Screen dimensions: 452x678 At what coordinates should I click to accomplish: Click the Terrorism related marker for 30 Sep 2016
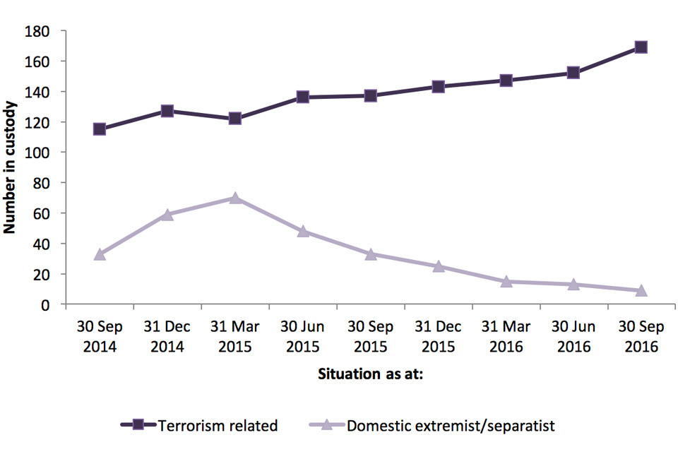[x=641, y=47]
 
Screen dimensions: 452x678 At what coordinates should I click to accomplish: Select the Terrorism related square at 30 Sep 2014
[x=100, y=129]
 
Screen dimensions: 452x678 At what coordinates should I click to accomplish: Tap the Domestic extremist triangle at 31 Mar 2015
[x=235, y=198]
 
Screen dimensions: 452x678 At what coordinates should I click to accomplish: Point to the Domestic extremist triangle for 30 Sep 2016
[x=641, y=290]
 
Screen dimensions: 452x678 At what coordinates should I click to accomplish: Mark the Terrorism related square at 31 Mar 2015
[x=235, y=119]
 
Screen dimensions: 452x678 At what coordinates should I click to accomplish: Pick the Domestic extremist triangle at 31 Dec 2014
[x=167, y=215]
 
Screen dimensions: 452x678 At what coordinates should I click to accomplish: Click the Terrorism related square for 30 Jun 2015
[x=303, y=97]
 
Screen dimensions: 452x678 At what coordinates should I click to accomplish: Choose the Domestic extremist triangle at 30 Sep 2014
[x=100, y=254]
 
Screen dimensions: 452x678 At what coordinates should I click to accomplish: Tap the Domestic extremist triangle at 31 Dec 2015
[x=438, y=266]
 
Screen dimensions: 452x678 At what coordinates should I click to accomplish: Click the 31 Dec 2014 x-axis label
[x=167, y=337]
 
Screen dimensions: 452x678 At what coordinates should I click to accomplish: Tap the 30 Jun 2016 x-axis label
[x=573, y=337]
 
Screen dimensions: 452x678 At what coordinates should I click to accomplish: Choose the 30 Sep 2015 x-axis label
[x=370, y=337]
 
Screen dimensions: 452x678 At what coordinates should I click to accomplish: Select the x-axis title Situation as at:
[x=370, y=374]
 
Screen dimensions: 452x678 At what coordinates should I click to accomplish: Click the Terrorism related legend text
[x=218, y=426]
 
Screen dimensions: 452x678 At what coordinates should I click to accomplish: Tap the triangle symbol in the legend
[x=326, y=425]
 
